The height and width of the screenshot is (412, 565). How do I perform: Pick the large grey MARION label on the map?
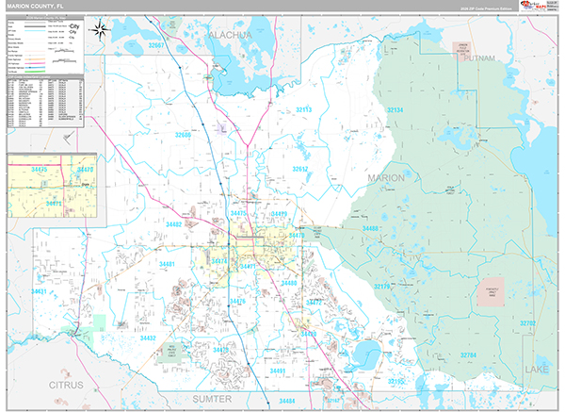(385, 177)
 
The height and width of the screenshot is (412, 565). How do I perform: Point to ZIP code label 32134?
(395, 110)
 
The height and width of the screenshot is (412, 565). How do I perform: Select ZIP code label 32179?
(383, 287)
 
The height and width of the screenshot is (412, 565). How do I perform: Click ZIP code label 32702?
(528, 323)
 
